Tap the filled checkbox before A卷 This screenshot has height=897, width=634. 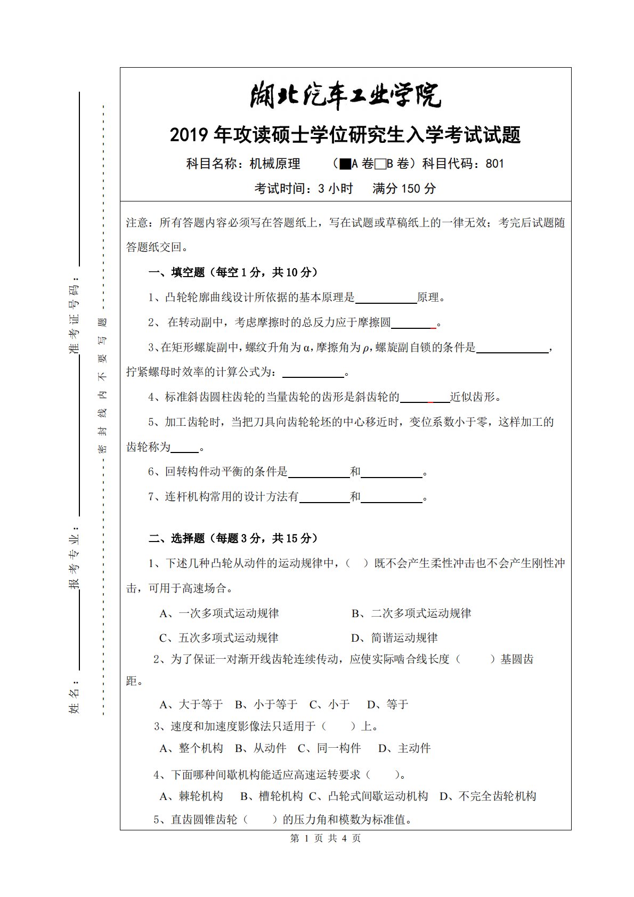[345, 164]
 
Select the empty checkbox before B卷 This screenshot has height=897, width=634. [380, 164]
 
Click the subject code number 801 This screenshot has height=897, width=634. [494, 164]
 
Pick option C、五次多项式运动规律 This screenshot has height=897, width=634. [219, 638]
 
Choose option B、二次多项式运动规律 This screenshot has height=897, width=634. [411, 613]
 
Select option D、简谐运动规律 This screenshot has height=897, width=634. [394, 638]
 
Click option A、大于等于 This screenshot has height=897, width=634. [191, 705]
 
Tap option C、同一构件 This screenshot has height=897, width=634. [329, 748]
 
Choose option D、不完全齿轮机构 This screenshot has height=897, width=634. [487, 796]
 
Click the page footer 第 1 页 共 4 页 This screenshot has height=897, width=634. [325, 838]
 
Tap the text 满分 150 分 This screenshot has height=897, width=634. [404, 188]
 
